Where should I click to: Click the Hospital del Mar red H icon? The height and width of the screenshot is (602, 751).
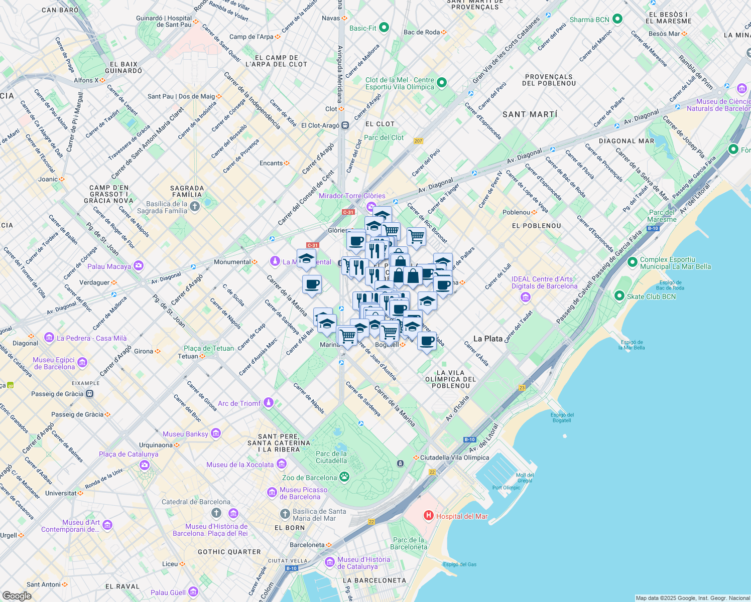(429, 515)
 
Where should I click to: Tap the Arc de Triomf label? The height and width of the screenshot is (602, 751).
(239, 403)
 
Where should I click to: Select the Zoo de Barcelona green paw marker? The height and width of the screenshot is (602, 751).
(344, 477)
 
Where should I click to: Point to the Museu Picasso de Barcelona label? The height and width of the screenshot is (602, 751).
(303, 493)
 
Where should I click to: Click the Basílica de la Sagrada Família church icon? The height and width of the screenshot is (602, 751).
(195, 206)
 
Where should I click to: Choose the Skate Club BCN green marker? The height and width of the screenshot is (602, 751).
(619, 296)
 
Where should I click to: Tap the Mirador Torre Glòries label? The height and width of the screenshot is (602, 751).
(352, 196)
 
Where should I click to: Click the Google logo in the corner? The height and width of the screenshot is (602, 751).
(17, 596)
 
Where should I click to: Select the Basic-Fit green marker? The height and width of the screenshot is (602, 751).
(384, 28)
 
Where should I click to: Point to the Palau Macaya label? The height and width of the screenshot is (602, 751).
(109, 266)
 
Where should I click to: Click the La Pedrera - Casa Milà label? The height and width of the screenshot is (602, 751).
(91, 338)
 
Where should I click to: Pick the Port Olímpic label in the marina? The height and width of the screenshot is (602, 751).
(506, 488)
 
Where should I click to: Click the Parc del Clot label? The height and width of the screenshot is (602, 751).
(384, 137)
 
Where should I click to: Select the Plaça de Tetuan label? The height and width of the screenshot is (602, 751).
(209, 348)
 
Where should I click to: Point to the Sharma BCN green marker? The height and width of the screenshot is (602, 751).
(618, 19)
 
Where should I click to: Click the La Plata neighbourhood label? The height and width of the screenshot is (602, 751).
(488, 339)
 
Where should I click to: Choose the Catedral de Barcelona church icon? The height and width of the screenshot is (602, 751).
(216, 513)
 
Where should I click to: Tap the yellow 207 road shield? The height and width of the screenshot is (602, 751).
(419, 141)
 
